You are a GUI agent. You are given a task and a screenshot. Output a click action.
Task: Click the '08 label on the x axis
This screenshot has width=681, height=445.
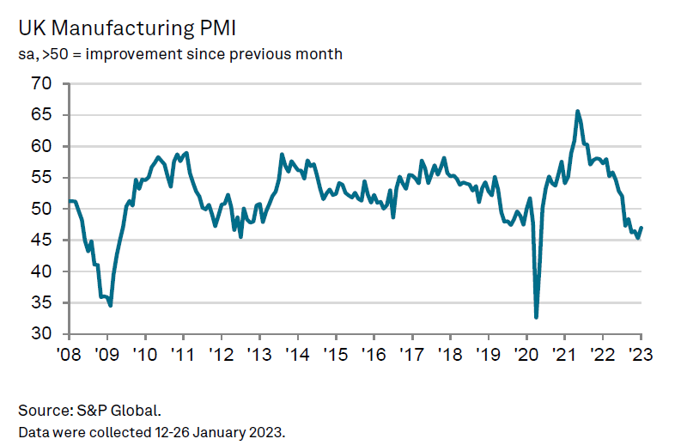[70, 354]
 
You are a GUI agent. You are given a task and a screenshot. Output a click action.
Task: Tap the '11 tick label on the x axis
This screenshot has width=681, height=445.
[183, 354]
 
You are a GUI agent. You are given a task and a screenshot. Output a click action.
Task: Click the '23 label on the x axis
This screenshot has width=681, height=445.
[641, 354]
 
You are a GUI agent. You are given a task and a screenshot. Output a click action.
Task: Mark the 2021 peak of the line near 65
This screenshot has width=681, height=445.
[577, 111]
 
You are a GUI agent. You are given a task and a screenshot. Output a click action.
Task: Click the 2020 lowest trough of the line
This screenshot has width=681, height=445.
[537, 317]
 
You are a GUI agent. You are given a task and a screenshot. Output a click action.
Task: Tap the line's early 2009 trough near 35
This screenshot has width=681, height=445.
[111, 305]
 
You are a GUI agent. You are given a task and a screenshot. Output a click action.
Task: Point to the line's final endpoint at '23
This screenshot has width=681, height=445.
[641, 228]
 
